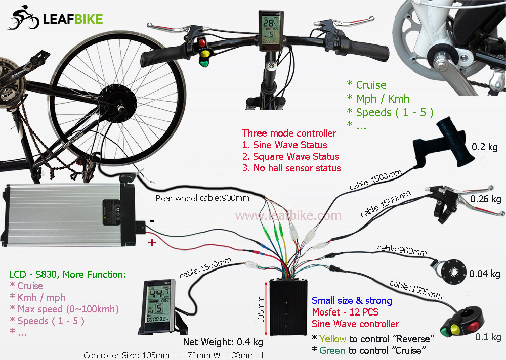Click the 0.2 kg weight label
(485, 147)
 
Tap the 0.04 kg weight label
(485, 274)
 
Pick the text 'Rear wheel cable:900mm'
(202, 198)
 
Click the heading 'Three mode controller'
(289, 133)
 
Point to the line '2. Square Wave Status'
(290, 156)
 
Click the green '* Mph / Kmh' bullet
(378, 99)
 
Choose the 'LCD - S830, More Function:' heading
(67, 275)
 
